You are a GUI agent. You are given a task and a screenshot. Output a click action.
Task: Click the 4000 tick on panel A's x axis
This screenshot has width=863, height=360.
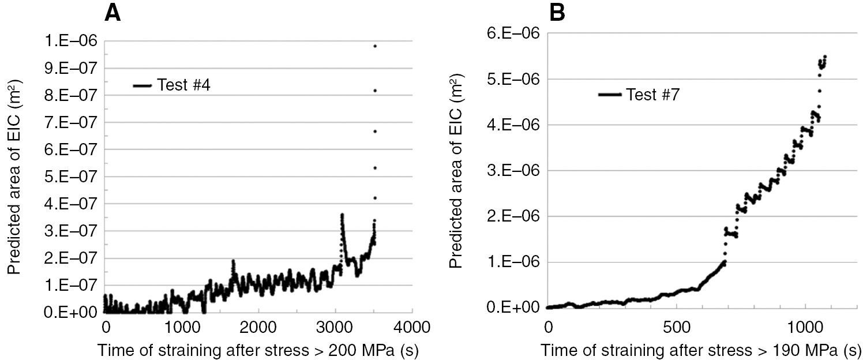[x=412, y=327]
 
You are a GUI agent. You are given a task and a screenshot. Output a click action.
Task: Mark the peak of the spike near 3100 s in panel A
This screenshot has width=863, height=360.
[x=342, y=215]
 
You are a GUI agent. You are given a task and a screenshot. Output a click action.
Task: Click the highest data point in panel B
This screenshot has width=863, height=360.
[x=825, y=57]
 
